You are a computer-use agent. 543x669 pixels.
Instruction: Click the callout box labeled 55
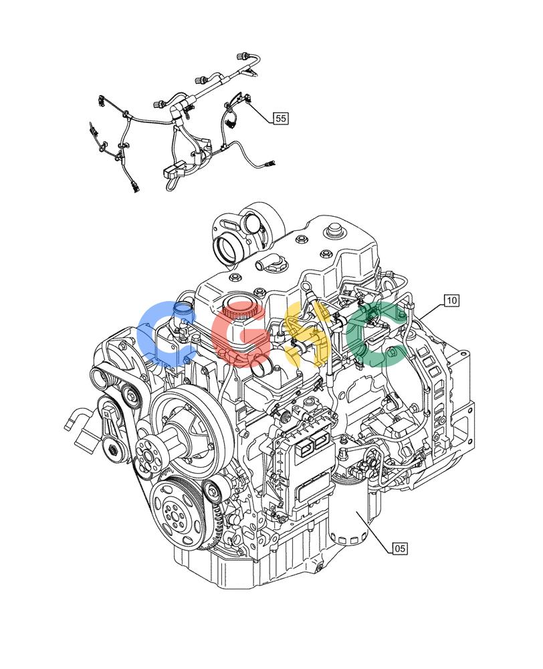[280, 118]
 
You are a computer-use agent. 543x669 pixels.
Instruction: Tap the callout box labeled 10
[451, 300]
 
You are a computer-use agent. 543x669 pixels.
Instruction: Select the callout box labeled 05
[400, 548]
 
